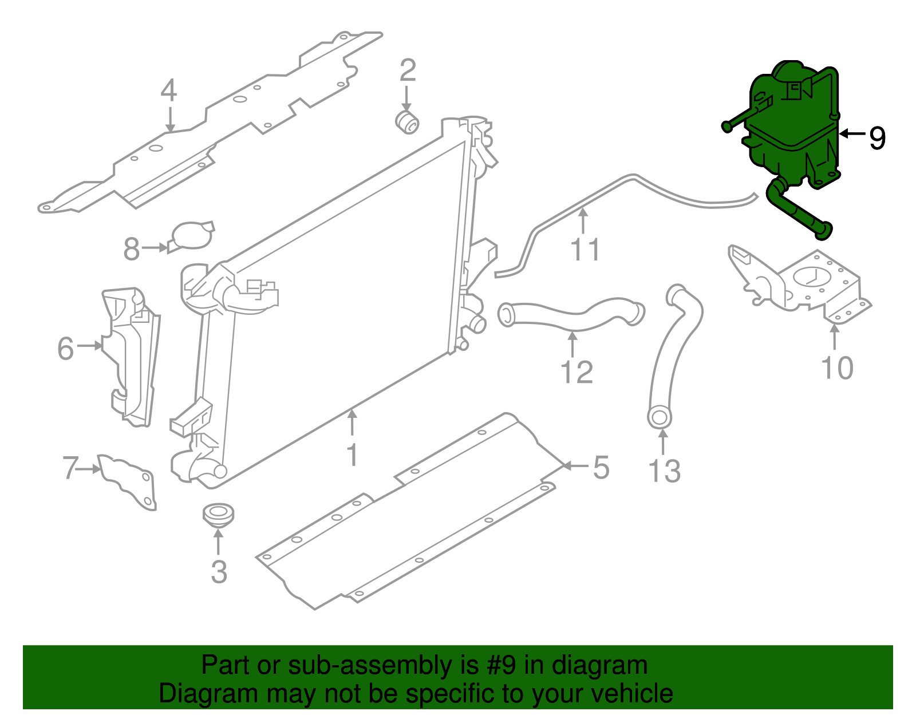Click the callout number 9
click(877, 138)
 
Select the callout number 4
click(168, 90)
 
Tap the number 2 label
click(408, 71)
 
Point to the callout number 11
click(585, 250)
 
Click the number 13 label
click(664, 472)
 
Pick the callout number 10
click(836, 368)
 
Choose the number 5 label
click(601, 468)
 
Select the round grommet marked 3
click(218, 513)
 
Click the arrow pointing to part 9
click(852, 134)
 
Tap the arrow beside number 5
click(574, 466)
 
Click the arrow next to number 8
click(155, 248)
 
